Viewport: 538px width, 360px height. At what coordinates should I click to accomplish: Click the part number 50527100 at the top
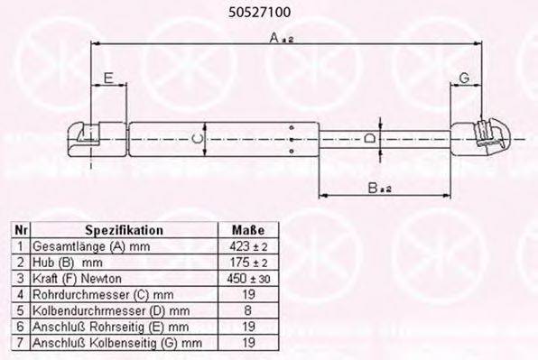(x=259, y=13)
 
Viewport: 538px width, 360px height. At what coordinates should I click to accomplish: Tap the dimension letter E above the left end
(x=108, y=78)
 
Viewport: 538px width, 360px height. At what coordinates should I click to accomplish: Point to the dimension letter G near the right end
(x=464, y=78)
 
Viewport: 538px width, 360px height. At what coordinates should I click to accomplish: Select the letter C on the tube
(x=198, y=139)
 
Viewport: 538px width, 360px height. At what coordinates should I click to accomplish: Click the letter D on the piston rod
(x=370, y=139)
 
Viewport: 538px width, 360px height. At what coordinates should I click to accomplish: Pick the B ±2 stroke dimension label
(x=379, y=188)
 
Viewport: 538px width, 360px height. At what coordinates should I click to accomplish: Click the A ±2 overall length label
(x=282, y=38)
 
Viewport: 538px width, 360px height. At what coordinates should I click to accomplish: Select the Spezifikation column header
(x=125, y=230)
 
